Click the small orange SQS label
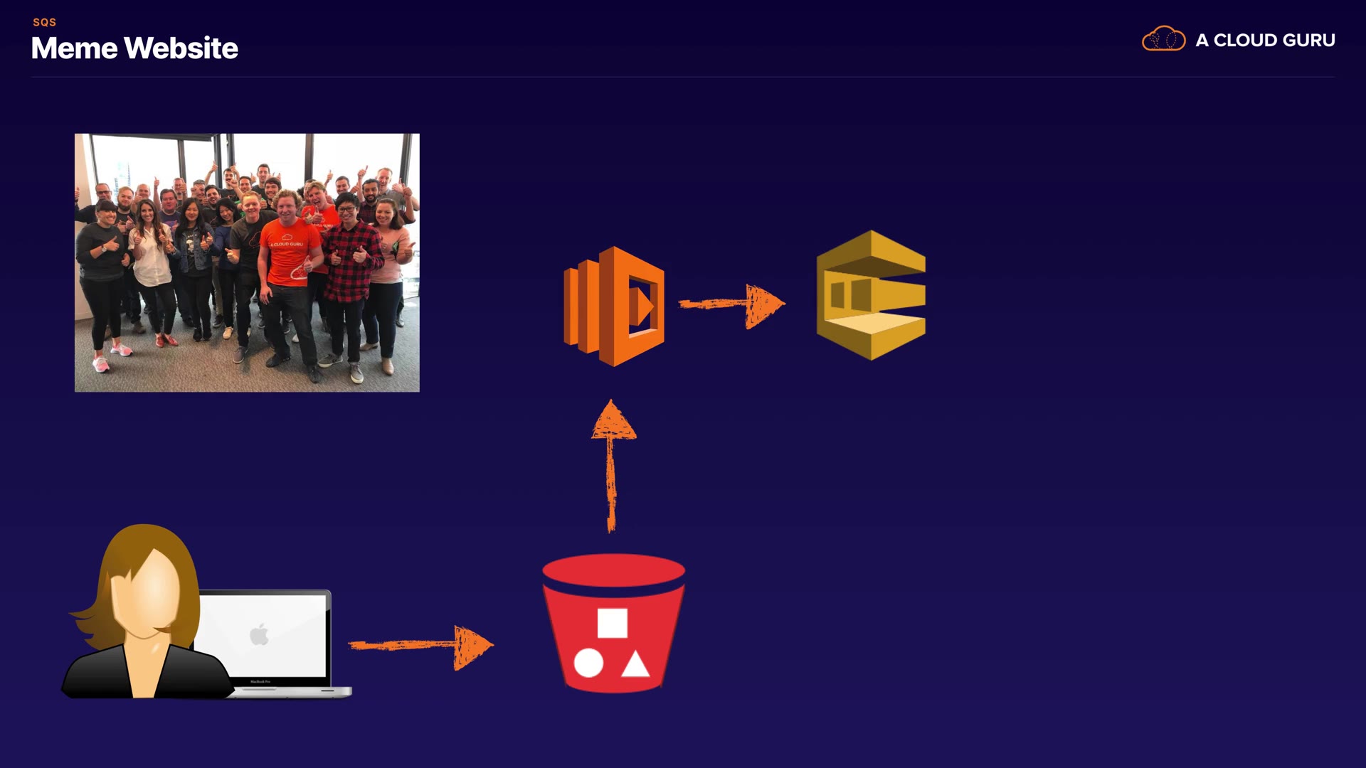(x=44, y=22)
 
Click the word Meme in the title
(x=74, y=48)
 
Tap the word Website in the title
(x=181, y=48)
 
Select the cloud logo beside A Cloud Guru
(x=1163, y=39)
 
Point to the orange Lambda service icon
(x=614, y=306)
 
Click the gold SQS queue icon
(x=871, y=294)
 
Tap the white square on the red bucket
(x=612, y=623)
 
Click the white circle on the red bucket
(x=588, y=663)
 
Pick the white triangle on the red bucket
(x=635, y=664)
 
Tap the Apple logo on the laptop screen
(x=260, y=634)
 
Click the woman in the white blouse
(x=151, y=256)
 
